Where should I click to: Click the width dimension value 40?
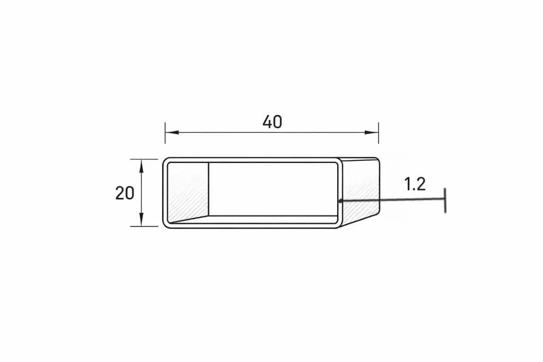coord(272,122)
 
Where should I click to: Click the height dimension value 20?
coord(125,193)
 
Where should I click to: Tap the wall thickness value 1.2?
coord(415,184)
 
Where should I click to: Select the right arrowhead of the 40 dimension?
coord(374,133)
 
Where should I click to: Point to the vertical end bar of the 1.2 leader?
coord(445,200)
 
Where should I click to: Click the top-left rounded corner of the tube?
coord(165,160)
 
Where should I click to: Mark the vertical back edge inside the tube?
coord(208,188)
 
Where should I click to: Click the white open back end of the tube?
coord(273,188)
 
